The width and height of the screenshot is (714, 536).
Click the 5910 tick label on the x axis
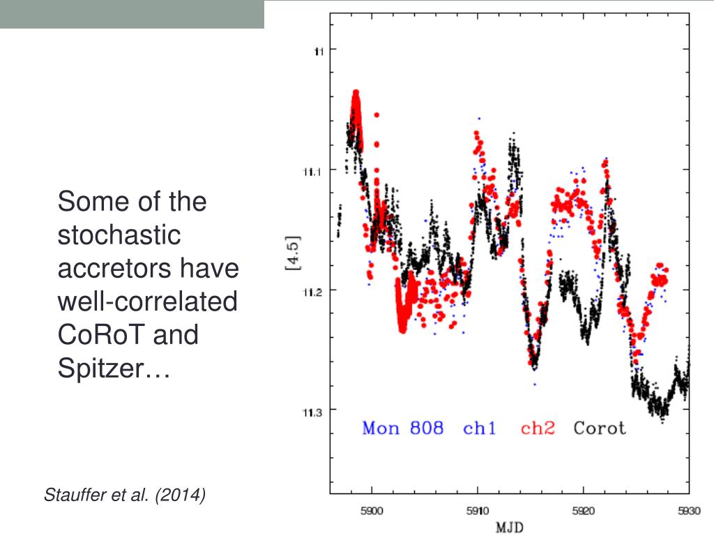pos(477,511)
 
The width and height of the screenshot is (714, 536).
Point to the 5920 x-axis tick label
pos(583,511)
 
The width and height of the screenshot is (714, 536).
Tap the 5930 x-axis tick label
pos(687,511)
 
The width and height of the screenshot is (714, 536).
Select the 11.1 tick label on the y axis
pos(311,170)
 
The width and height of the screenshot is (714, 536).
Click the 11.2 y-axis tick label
pos(311,292)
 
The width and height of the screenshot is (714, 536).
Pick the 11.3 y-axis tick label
pos(311,412)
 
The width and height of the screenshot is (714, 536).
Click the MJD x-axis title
pos(510,528)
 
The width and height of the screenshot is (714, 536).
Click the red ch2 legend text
pos(538,428)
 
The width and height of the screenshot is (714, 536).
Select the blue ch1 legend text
pos(480,428)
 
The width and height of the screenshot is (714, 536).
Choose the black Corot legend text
pos(600,428)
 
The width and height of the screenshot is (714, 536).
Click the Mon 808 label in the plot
pos(402,428)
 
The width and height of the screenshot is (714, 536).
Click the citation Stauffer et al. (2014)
pos(125,496)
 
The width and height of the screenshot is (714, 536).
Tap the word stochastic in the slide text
pos(119,235)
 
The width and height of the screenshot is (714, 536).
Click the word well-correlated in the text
pos(147,302)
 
